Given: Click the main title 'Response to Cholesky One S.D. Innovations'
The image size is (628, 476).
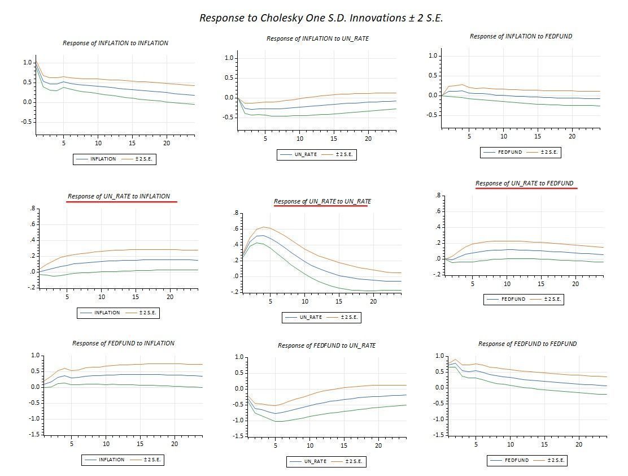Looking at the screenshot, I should click(321, 18).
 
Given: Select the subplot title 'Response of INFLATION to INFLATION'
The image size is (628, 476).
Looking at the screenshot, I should click(115, 43).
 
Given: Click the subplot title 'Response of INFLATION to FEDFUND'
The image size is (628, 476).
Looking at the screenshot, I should click(521, 36).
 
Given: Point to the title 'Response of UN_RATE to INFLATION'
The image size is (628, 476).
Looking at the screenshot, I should click(119, 196).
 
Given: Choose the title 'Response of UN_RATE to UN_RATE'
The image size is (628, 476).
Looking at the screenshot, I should click(322, 201).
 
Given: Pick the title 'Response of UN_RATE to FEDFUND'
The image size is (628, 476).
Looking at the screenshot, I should click(524, 183).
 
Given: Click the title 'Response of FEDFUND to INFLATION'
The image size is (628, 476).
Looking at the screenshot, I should click(123, 343).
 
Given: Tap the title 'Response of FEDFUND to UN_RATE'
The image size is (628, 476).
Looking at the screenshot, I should click(326, 345).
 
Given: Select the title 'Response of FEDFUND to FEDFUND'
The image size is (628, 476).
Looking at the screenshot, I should click(527, 344).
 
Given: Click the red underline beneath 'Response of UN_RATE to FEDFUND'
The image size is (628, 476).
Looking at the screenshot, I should click(526, 188).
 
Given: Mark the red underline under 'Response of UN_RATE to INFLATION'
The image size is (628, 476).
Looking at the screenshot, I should click(121, 201).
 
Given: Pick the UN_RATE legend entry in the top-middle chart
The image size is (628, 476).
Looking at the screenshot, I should click(306, 155).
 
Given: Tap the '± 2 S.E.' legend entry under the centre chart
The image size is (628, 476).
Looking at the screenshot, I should click(349, 318).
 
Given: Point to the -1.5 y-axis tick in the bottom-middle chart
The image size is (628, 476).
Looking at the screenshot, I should click(238, 436).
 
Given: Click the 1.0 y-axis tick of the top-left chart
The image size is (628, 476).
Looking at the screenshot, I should click(28, 63).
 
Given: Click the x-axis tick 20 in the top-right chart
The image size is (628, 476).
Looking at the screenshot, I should click(572, 136).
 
